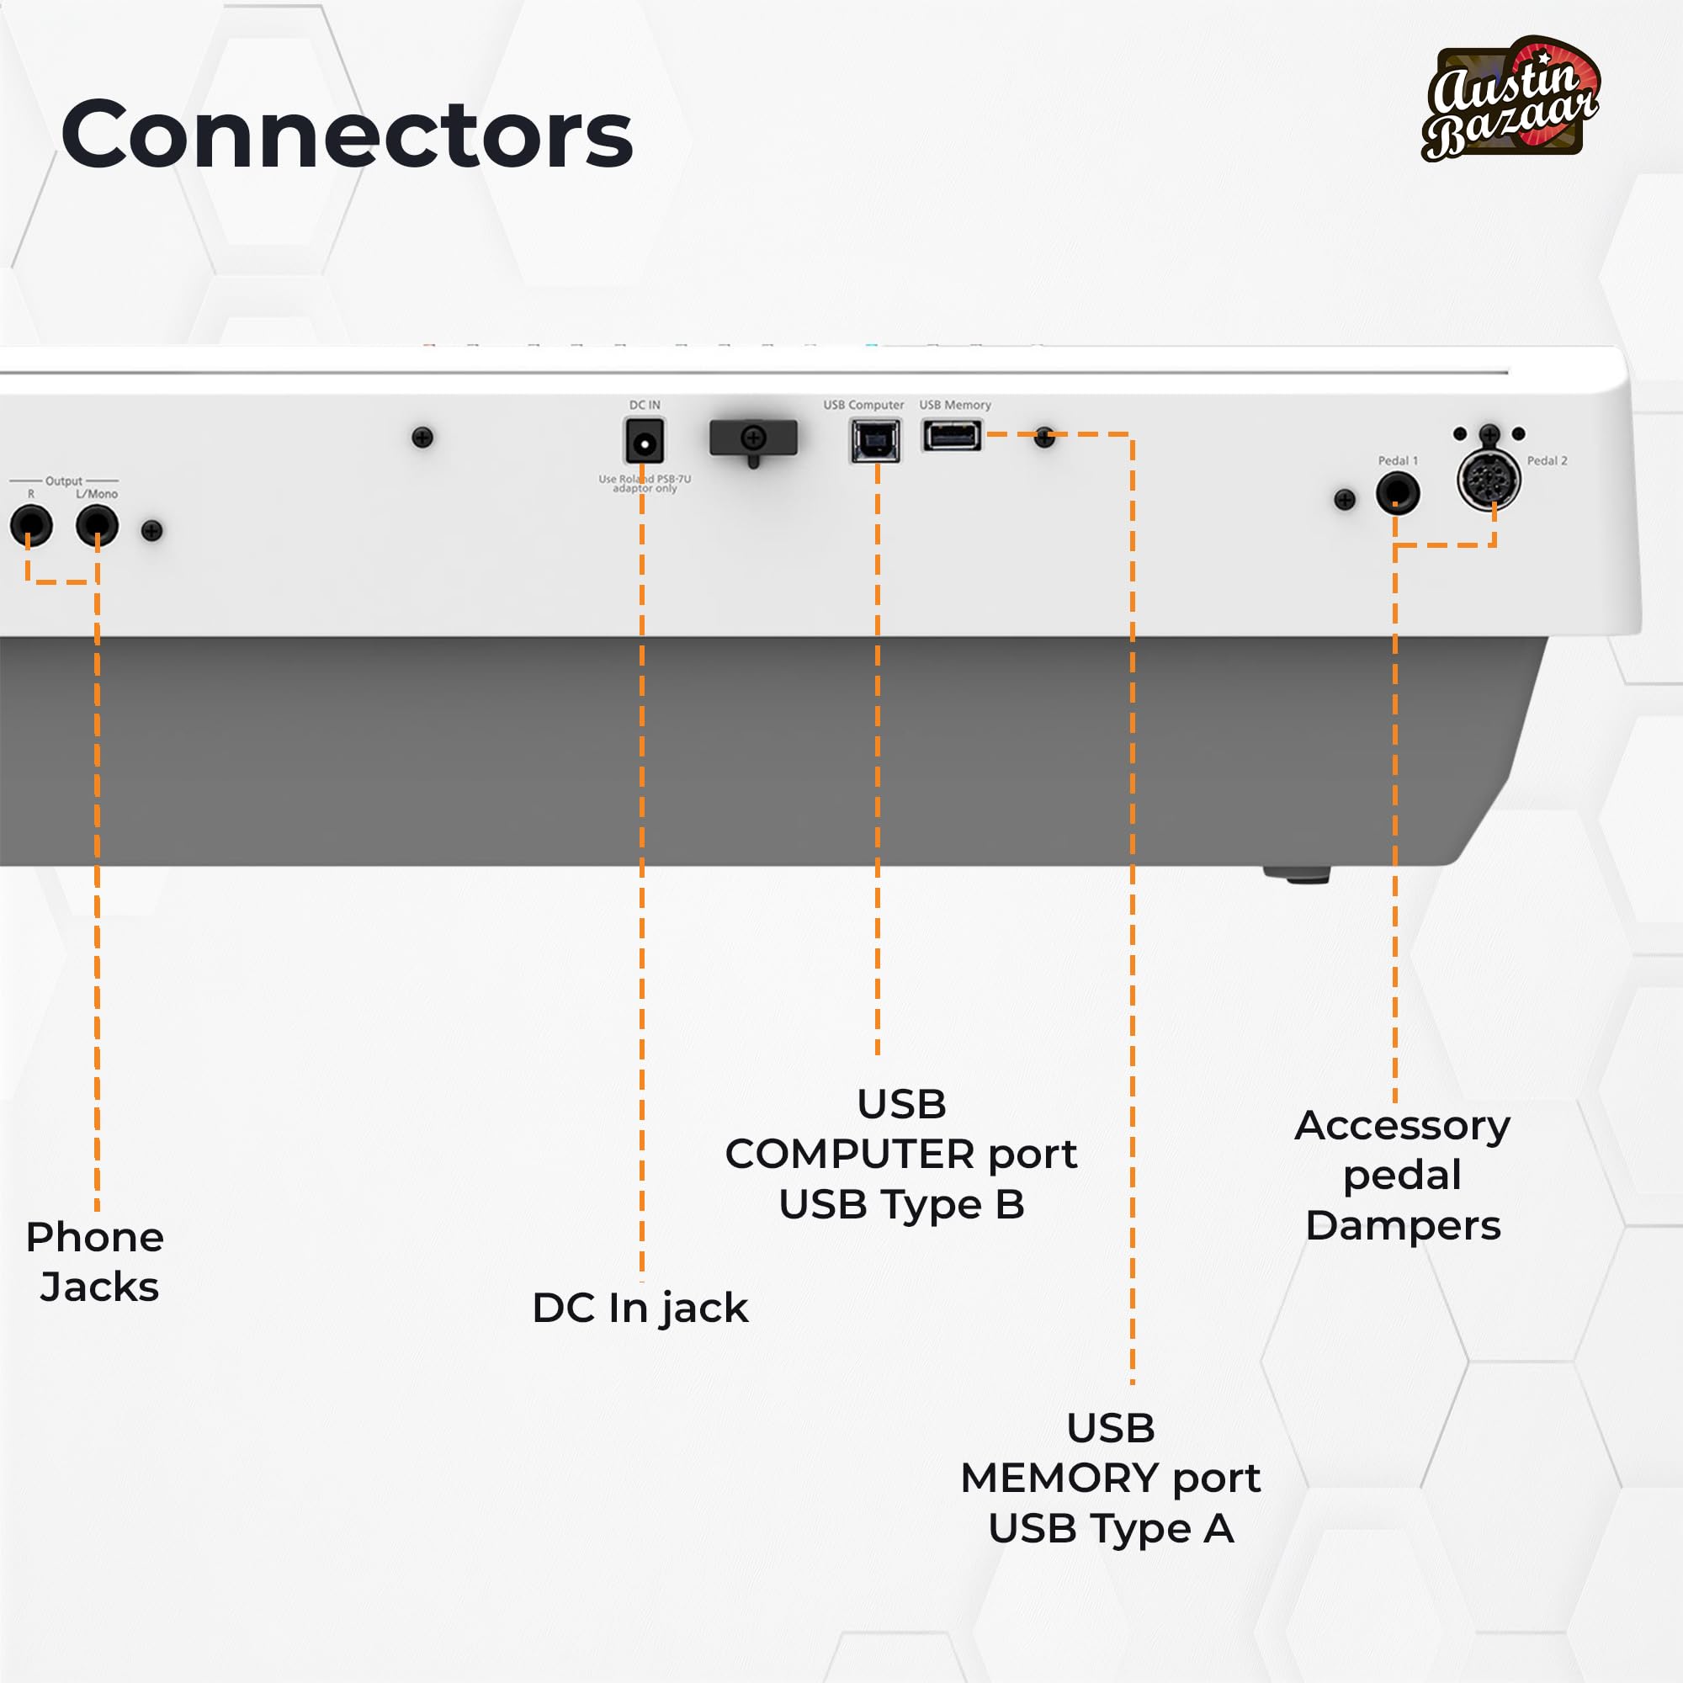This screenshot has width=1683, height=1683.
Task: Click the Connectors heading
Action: [347, 135]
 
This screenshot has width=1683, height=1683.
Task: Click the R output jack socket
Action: [30, 525]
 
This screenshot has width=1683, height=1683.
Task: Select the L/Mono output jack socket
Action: [97, 525]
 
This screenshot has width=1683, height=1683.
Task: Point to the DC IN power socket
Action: [645, 441]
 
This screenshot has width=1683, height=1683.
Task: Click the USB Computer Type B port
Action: [875, 440]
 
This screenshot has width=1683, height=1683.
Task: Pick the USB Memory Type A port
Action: [952, 435]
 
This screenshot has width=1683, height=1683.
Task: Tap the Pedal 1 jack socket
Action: [1397, 493]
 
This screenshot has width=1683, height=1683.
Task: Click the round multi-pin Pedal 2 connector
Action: [1489, 480]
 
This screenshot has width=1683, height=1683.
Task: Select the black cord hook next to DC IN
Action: [753, 438]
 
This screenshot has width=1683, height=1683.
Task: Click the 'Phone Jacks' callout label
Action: [96, 1261]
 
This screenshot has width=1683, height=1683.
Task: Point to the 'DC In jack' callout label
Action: [640, 1308]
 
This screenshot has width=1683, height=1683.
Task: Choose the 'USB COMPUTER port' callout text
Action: [901, 1154]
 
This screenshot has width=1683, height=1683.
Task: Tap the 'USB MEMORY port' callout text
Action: [1111, 1478]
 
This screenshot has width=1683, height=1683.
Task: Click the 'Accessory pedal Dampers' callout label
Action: [1403, 1175]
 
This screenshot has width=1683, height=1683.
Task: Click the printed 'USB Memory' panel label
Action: [955, 405]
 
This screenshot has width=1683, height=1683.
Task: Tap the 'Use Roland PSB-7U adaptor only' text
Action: [645, 484]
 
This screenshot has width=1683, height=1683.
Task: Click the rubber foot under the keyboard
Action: [1297, 873]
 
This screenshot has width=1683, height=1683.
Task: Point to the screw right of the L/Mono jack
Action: [152, 530]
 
